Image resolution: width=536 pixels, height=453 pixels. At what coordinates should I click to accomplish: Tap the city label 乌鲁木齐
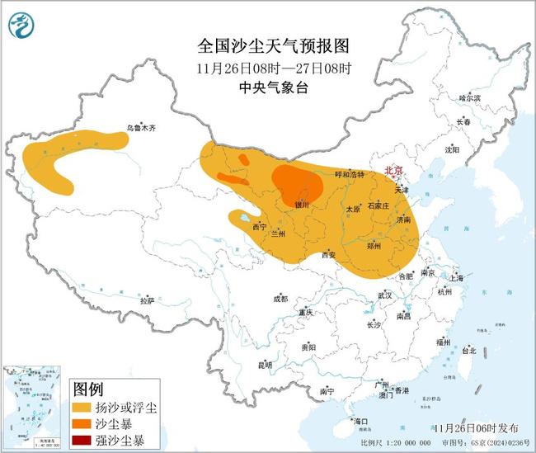[141, 128]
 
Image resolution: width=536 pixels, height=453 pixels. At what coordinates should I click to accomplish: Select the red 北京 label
[395, 171]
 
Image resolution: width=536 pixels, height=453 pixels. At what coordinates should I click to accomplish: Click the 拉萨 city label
[148, 301]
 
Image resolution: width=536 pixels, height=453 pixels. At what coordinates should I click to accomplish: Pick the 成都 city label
[280, 299]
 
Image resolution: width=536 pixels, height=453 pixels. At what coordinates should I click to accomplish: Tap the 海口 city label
[360, 422]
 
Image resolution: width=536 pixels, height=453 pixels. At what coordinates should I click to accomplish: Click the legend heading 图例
[88, 389]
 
